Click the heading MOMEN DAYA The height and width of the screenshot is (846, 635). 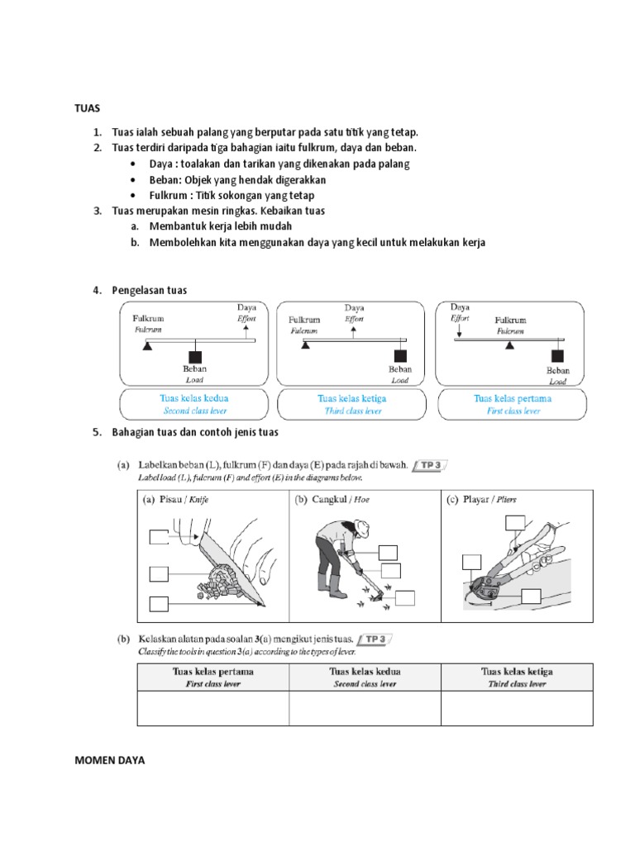pyautogui.click(x=109, y=761)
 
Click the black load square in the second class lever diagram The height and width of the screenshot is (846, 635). pyautogui.click(x=195, y=350)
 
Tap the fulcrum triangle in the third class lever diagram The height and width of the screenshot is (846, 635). pyautogui.click(x=306, y=345)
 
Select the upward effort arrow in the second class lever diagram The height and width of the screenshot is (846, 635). pyautogui.click(x=246, y=332)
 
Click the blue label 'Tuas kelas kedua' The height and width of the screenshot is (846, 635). pyautogui.click(x=193, y=398)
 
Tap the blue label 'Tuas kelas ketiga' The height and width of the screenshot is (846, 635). pyautogui.click(x=351, y=398)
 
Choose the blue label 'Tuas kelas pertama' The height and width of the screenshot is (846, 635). pyautogui.click(x=513, y=398)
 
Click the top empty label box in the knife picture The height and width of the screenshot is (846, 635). pyautogui.click(x=160, y=538)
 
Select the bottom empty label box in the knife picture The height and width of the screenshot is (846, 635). pyautogui.click(x=160, y=604)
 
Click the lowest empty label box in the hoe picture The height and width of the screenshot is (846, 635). pyautogui.click(x=405, y=598)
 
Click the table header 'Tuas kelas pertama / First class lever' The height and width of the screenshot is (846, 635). pyautogui.click(x=212, y=677)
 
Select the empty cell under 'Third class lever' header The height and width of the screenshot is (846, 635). pyautogui.click(x=517, y=709)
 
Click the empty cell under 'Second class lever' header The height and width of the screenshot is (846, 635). pyautogui.click(x=365, y=709)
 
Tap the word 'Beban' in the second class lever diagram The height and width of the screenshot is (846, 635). pyautogui.click(x=195, y=369)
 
